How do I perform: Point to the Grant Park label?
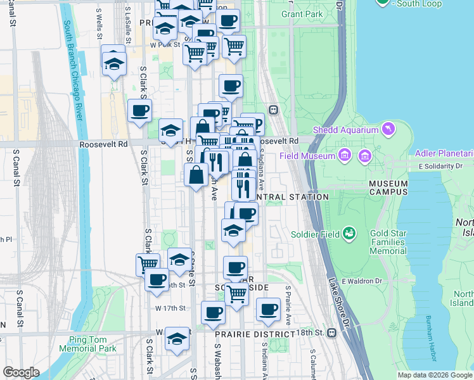[x=302, y=14]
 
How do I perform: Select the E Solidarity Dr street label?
[x=440, y=166]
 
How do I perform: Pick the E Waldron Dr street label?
[x=364, y=281]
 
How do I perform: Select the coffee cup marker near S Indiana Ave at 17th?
[x=268, y=310]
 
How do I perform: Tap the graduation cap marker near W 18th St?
[x=177, y=339]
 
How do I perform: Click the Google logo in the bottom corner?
[x=21, y=372]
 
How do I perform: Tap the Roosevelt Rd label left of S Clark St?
[x=103, y=144]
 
